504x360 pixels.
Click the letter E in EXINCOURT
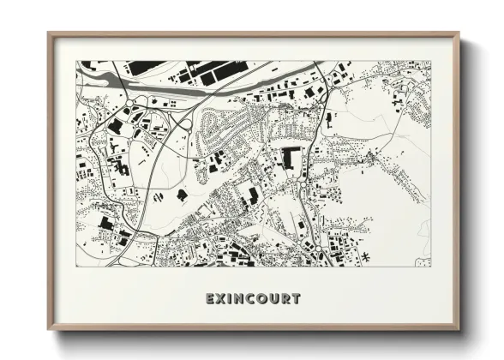tap(210, 299)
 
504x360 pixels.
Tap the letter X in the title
tap(221, 299)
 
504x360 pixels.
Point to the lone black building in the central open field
tap(183, 194)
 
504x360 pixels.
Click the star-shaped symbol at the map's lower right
tap(366, 256)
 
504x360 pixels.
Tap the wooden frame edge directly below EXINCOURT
tap(253, 330)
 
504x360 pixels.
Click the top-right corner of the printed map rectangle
tap(430, 61)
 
